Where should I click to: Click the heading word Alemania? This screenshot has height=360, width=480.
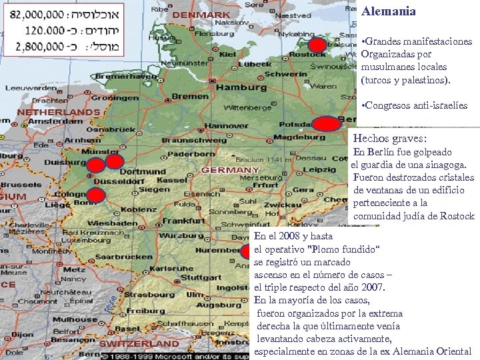click(389, 11)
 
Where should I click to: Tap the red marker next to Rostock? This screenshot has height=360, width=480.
click(319, 45)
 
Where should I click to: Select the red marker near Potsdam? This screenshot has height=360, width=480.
click(327, 125)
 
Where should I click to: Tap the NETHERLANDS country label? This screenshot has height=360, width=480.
click(58, 111)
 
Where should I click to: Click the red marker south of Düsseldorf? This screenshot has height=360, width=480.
click(96, 195)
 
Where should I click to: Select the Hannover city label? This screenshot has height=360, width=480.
click(207, 125)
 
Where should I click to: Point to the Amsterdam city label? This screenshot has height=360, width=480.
click(46, 122)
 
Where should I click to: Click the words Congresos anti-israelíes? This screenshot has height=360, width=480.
click(416, 106)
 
